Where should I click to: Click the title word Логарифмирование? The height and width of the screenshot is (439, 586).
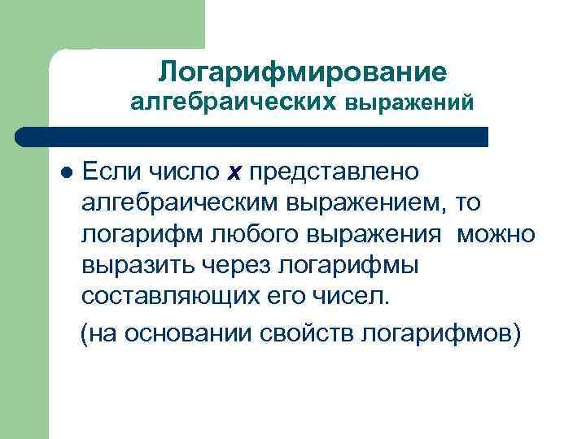click(303, 72)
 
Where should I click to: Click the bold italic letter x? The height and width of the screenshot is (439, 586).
click(235, 172)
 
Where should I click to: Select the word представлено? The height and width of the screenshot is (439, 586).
click(335, 172)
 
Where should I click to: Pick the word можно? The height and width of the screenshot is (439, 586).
click(496, 234)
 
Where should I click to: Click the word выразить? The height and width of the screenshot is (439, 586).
click(133, 265)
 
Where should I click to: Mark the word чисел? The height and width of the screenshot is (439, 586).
click(358, 296)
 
